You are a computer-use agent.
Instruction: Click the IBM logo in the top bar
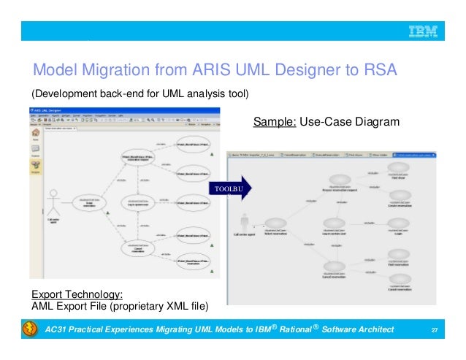(422, 31)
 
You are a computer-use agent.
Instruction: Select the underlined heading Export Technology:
(72, 294)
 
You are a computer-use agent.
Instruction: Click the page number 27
(435, 333)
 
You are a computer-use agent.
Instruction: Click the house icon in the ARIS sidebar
(35, 135)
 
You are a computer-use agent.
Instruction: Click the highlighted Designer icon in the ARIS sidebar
(35, 169)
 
